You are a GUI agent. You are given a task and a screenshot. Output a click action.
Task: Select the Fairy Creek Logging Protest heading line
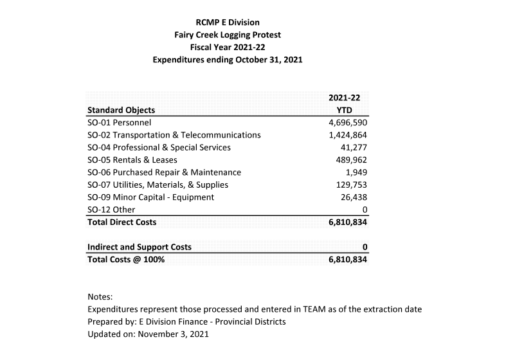coord(228,35)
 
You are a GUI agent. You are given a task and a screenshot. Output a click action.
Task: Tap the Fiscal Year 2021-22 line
coord(228,48)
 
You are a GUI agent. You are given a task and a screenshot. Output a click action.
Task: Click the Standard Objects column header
coord(121,110)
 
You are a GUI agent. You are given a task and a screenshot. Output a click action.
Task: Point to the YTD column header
coord(348,110)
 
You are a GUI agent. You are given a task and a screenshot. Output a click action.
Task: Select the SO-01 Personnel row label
coord(119,122)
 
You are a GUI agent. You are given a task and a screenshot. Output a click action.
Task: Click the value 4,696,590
coord(347,122)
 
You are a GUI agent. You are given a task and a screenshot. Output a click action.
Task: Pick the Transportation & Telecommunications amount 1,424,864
coord(347,135)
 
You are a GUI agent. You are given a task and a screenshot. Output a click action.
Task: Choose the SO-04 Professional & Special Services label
coord(159,147)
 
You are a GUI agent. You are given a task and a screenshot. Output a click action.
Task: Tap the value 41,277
coord(353,147)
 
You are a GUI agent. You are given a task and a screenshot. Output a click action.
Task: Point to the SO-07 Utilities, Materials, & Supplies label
coord(158,185)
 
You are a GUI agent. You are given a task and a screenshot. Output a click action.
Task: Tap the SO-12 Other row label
coord(111,210)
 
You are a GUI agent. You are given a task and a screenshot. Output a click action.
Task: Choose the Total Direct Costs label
coord(122,222)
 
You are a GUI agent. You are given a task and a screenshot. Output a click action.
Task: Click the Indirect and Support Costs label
coord(140,248)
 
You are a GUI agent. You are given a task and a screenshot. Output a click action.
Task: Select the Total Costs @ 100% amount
coord(347,260)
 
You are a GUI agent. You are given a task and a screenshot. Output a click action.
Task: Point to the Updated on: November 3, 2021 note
coord(148,334)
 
